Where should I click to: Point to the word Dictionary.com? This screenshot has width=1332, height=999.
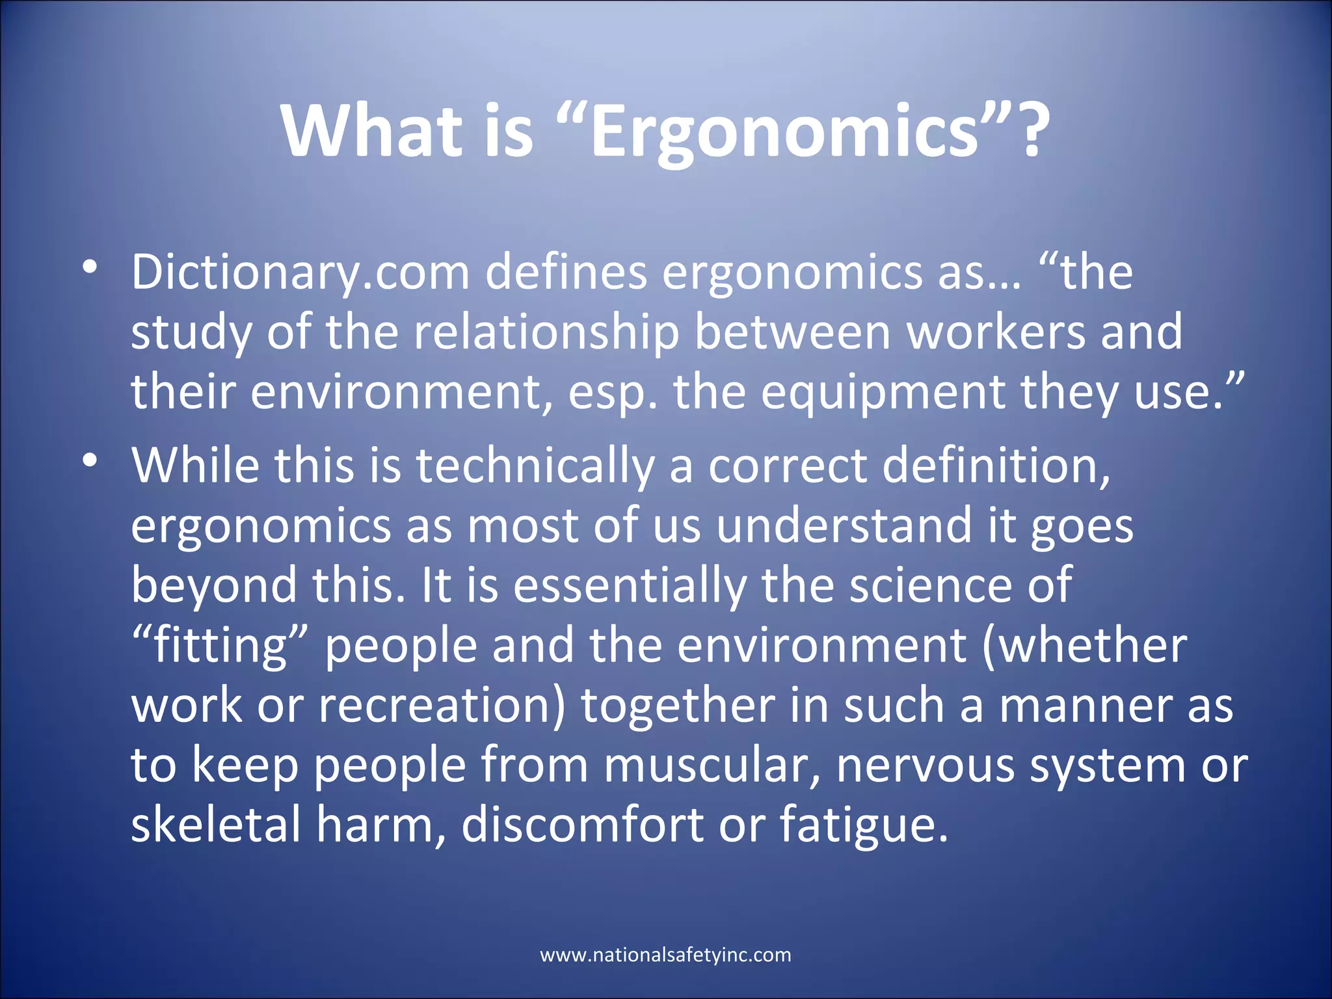[x=300, y=273]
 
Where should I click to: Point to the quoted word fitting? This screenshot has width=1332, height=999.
[x=220, y=645]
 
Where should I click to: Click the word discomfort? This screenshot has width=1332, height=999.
[x=582, y=825]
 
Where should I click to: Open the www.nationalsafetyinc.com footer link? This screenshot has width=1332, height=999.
[x=665, y=955]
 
